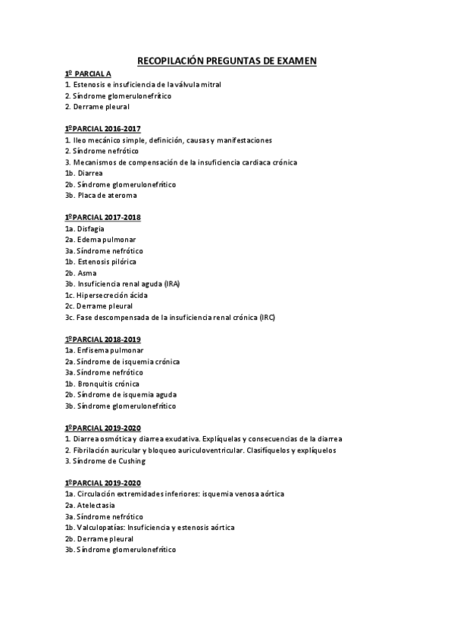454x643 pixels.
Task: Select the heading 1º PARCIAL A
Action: tap(88, 74)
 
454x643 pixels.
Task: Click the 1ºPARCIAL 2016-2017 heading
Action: tap(103, 129)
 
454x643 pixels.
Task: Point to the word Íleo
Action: tap(78, 140)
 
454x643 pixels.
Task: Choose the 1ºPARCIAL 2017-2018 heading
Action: tap(103, 218)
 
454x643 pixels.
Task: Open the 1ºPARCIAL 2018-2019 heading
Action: tap(103, 339)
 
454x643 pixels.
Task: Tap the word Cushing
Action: tap(132, 461)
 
